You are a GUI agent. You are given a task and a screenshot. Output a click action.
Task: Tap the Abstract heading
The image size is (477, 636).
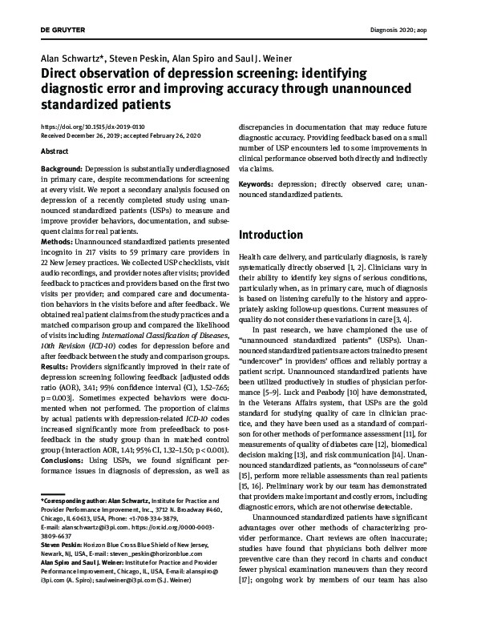click(x=53, y=150)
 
